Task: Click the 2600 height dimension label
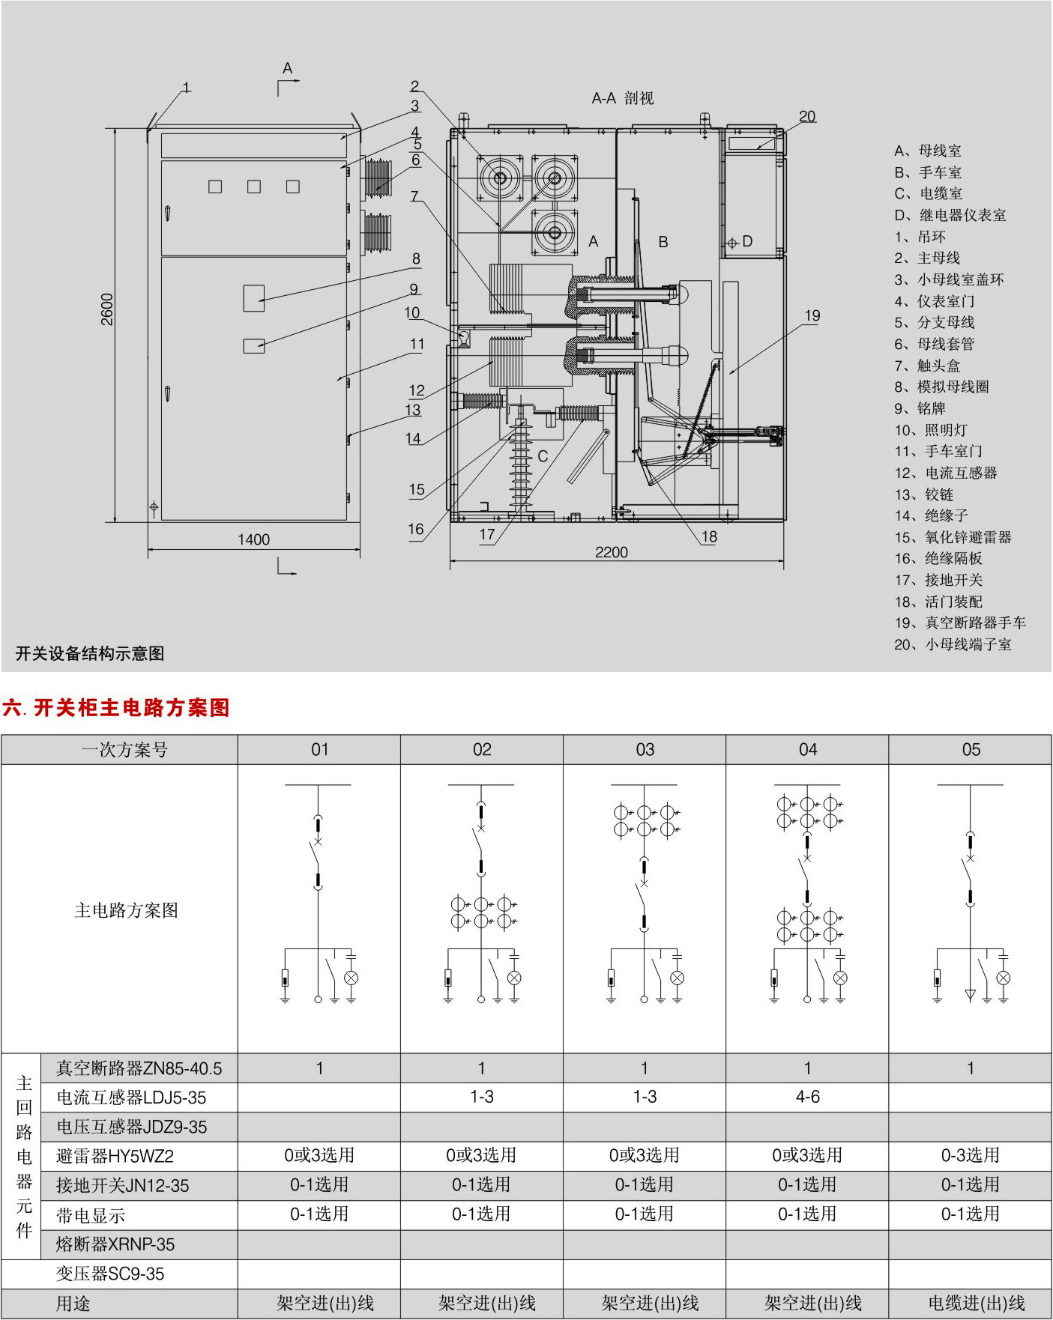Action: (107, 309)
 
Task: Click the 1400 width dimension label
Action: (253, 539)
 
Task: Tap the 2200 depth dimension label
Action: (611, 552)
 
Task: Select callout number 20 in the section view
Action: (807, 116)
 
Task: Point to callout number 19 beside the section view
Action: (812, 315)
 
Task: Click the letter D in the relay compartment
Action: (747, 241)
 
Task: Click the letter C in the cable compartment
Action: (543, 455)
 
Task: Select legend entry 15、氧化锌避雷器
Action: (953, 537)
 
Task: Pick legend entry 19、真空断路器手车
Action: (959, 623)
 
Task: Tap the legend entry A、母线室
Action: (927, 151)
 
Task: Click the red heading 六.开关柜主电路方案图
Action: (116, 707)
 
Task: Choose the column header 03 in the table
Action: (645, 749)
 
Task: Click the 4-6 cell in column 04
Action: (807, 1097)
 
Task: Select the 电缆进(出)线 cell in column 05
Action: (970, 1303)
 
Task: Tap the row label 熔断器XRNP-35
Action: (115, 1244)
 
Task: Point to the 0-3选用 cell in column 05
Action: (970, 1155)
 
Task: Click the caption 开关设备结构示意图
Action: (90, 653)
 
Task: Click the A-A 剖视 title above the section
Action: (623, 98)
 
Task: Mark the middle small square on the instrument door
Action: (254, 187)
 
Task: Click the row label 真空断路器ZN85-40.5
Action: (139, 1068)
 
